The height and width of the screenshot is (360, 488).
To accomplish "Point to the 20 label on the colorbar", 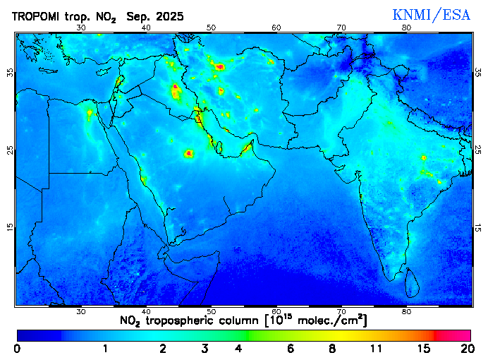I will point(465,349).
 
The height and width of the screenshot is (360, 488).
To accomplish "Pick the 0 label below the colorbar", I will point(17,349).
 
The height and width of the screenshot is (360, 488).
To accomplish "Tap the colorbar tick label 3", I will point(205,349).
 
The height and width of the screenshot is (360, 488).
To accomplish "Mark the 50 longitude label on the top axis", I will point(211,28).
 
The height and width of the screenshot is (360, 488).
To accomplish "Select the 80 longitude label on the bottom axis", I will point(406,311).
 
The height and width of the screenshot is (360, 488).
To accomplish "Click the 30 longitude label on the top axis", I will point(80,28).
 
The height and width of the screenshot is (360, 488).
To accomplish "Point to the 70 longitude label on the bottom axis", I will point(341,311).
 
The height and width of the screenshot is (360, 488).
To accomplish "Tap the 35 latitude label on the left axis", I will point(10,73).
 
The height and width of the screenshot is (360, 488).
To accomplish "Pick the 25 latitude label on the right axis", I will point(477,150).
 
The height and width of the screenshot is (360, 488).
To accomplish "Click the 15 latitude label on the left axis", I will point(10,227).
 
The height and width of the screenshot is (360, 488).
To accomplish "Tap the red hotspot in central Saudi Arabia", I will point(189,152).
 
